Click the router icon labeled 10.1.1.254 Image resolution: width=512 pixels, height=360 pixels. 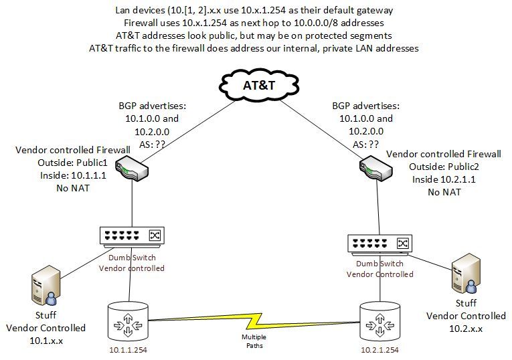coord(127,320)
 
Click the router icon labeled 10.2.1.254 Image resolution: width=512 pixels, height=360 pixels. coord(379,320)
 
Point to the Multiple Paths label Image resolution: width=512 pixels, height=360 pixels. coord(254,341)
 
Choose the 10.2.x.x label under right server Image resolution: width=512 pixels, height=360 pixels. coord(466,329)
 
